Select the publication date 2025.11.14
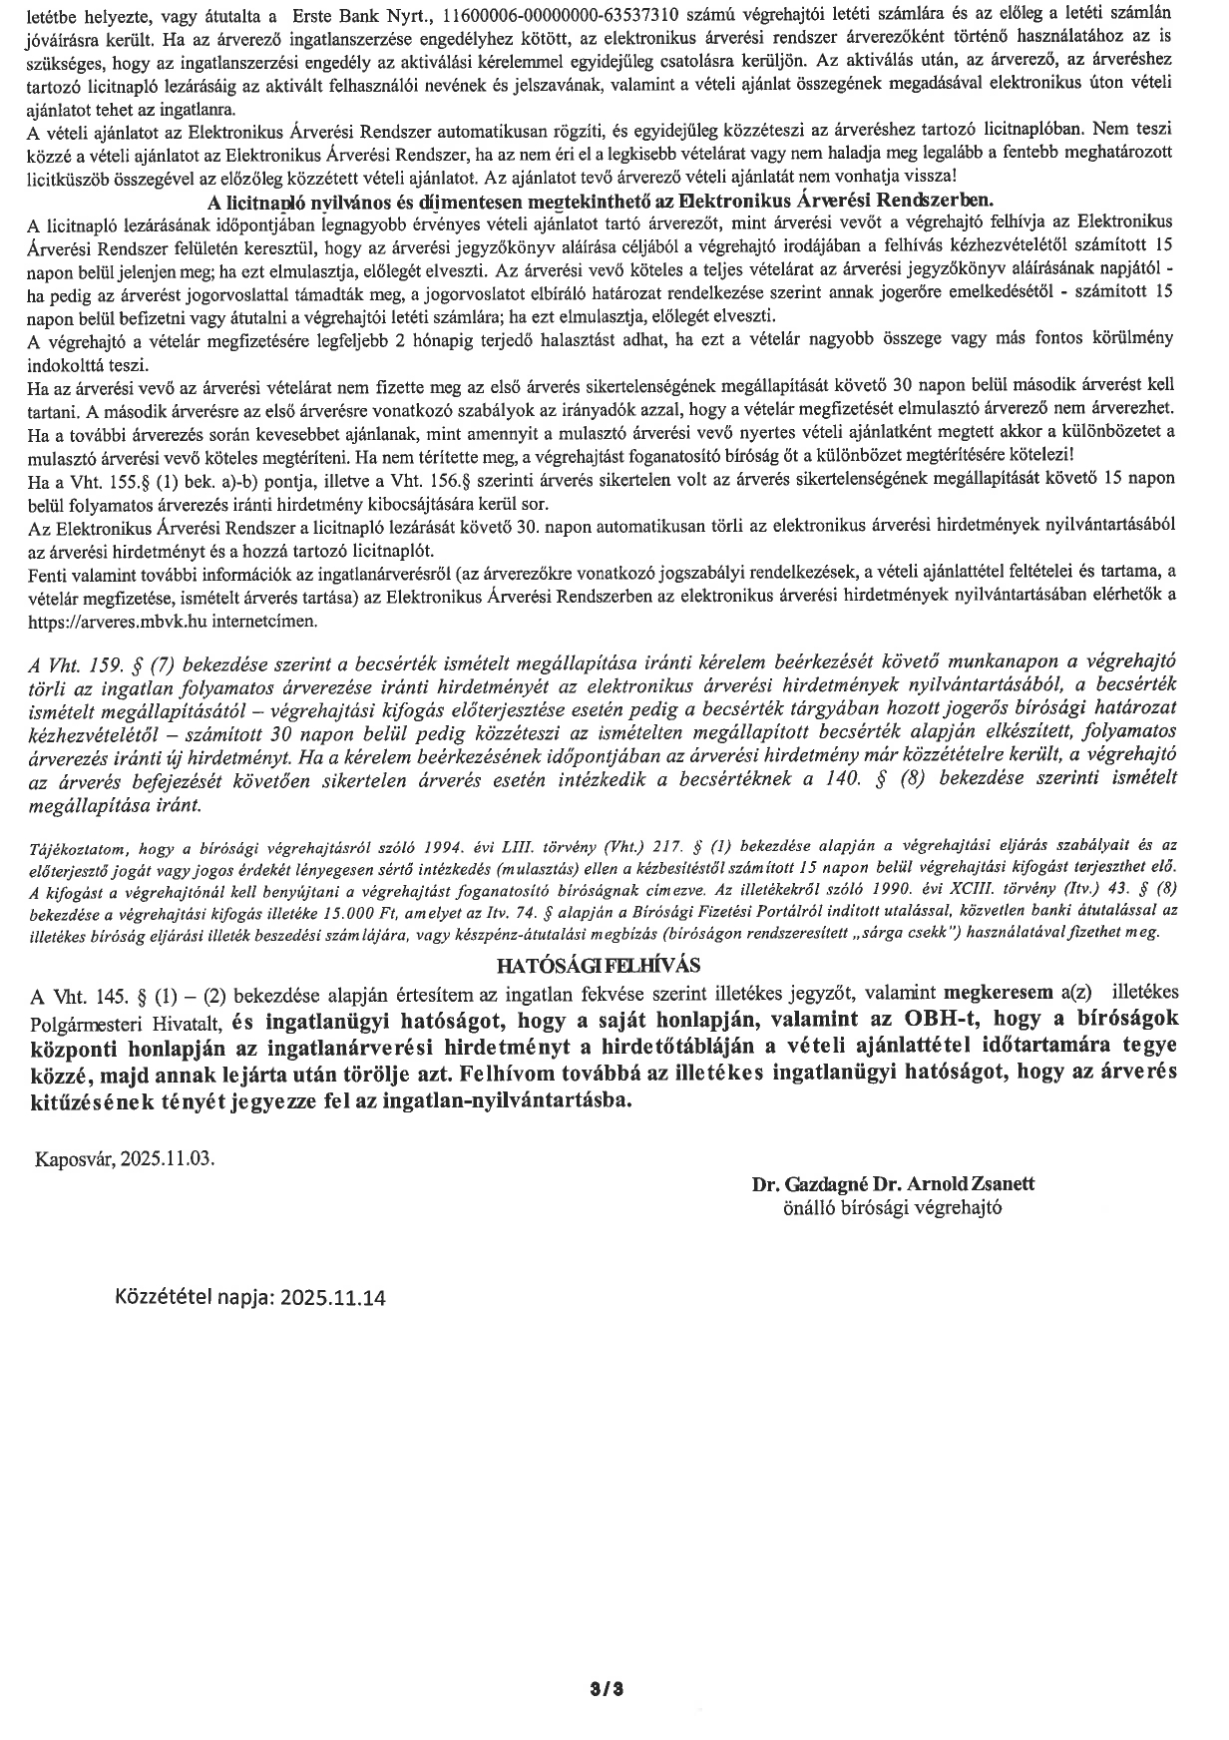tap(333, 1297)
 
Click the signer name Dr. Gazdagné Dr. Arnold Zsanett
tap(894, 1184)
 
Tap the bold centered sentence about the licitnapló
tap(599, 199)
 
